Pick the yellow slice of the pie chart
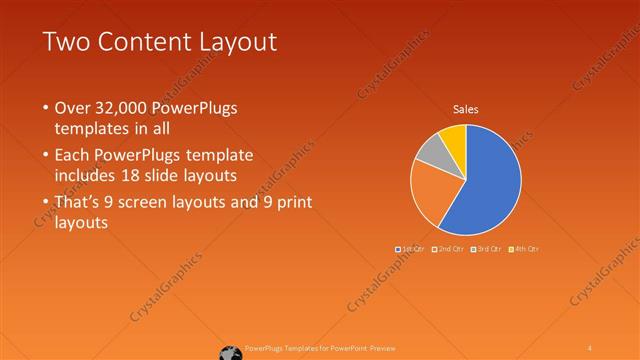453,135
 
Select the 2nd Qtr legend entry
448,248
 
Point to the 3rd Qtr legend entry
486,248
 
